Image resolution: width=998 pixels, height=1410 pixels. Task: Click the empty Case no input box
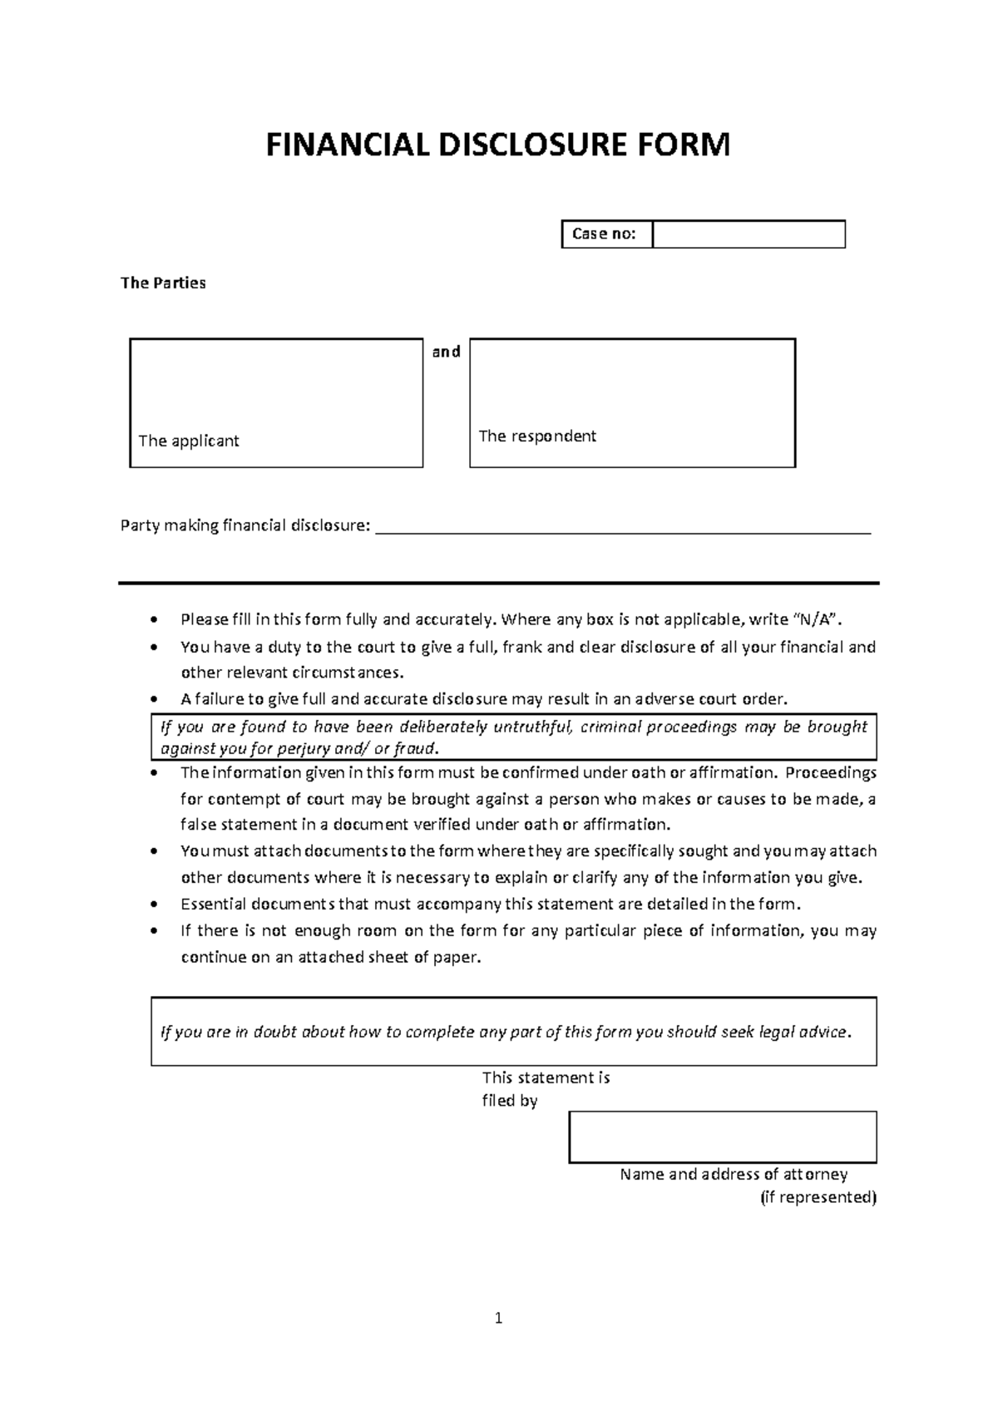748,234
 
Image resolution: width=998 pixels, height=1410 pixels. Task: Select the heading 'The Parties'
163,283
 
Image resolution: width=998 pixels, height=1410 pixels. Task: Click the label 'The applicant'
189,441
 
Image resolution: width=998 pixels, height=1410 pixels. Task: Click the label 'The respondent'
537,436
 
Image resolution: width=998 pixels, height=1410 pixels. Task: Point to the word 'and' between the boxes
446,352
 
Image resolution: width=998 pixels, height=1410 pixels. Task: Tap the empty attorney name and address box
722,1137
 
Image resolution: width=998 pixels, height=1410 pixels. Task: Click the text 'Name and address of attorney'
734,1175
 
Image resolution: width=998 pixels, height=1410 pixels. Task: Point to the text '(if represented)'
818,1198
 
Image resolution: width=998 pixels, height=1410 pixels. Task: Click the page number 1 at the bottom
498,1318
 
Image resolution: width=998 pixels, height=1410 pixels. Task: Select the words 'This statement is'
546,1078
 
